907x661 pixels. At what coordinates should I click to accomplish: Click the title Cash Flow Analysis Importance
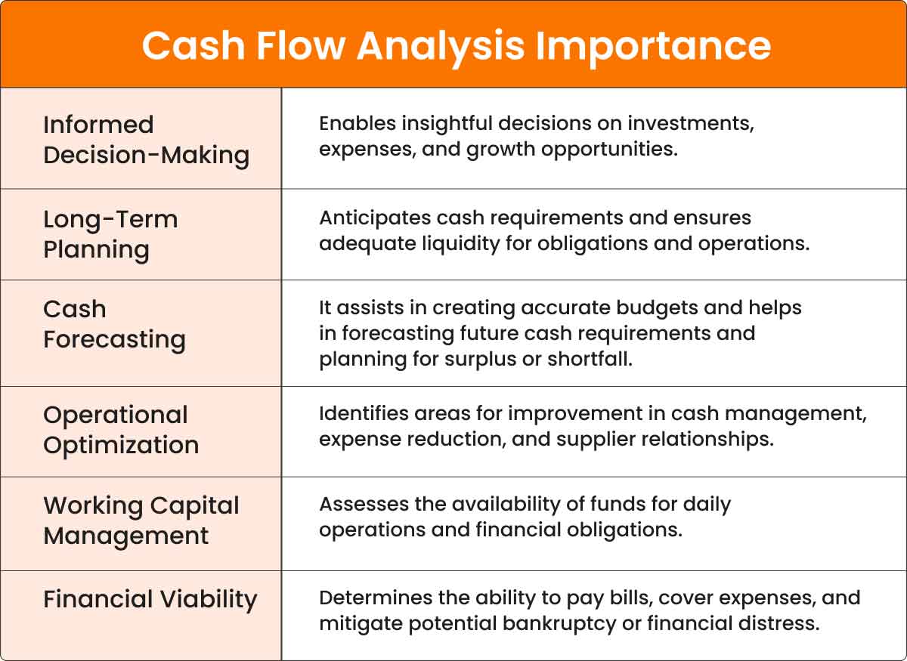457,48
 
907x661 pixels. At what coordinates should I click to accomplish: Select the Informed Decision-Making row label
146,140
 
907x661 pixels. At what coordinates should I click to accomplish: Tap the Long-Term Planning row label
110,235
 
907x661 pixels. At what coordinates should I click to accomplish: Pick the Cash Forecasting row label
115,325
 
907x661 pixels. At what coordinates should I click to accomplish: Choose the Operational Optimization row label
121,431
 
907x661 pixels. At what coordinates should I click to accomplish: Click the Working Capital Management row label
141,521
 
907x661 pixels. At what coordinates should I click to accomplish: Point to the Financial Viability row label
150,600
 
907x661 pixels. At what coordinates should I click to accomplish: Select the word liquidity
461,244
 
